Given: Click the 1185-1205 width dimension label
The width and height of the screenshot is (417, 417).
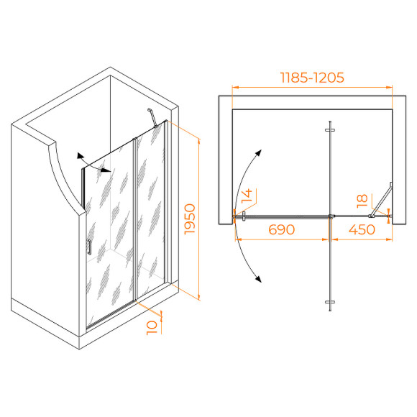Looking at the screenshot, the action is pyautogui.click(x=312, y=78).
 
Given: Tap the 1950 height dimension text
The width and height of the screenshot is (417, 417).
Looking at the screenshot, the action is pyautogui.click(x=190, y=219).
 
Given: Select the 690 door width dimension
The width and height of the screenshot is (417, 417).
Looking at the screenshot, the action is pyautogui.click(x=281, y=229).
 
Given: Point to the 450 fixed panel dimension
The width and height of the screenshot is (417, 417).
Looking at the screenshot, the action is pyautogui.click(x=362, y=229).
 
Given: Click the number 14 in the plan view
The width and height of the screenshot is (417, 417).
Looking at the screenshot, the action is pyautogui.click(x=247, y=196).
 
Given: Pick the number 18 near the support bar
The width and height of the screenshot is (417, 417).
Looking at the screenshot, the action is pyautogui.click(x=362, y=201).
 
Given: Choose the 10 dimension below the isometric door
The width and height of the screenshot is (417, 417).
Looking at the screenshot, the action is pyautogui.click(x=152, y=328).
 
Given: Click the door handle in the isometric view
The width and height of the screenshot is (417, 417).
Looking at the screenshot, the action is pyautogui.click(x=89, y=247).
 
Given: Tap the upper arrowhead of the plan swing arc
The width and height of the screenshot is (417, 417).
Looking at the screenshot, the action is pyautogui.click(x=259, y=152).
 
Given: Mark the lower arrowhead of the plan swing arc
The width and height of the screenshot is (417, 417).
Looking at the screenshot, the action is pyautogui.click(x=258, y=279).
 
